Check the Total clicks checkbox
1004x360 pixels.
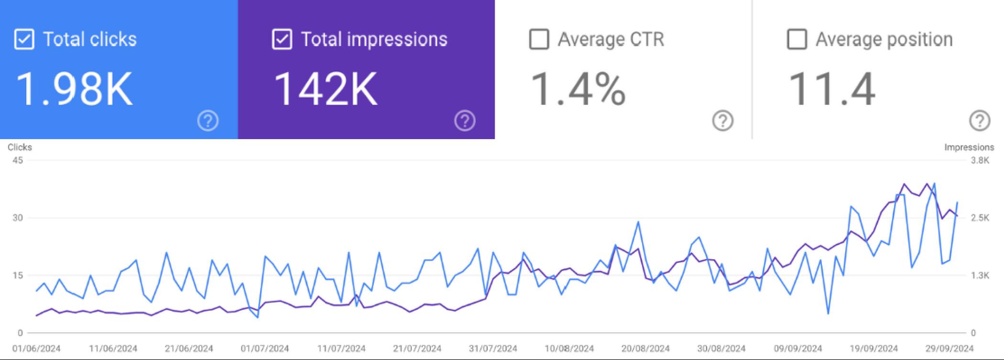pyautogui.click(x=24, y=39)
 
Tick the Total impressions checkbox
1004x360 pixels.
pyautogui.click(x=282, y=39)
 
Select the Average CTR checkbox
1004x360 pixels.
pyautogui.click(x=539, y=39)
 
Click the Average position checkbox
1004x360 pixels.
pyautogui.click(x=797, y=39)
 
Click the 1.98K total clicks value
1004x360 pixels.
pyautogui.click(x=74, y=89)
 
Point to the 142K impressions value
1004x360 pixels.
pyautogui.click(x=325, y=89)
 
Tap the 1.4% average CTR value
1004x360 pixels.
pyautogui.click(x=578, y=89)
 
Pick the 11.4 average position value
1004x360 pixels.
pyautogui.click(x=831, y=89)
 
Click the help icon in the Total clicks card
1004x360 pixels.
pyautogui.click(x=208, y=121)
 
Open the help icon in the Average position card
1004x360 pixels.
pyautogui.click(x=980, y=121)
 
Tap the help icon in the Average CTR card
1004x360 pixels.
pyautogui.click(x=722, y=121)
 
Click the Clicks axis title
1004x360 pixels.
pyautogui.click(x=20, y=147)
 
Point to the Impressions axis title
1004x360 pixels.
pyautogui.click(x=969, y=147)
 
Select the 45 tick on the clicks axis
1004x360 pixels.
pyautogui.click(x=18, y=160)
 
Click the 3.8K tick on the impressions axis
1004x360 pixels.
pyautogui.click(x=980, y=160)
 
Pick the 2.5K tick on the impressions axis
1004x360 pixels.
pyautogui.click(x=980, y=218)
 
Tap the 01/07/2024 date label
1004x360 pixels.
pyautogui.click(x=265, y=349)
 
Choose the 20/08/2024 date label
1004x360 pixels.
pyautogui.click(x=645, y=349)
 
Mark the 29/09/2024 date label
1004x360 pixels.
pyautogui.click(x=949, y=349)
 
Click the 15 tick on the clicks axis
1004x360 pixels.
pyautogui.click(x=18, y=275)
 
